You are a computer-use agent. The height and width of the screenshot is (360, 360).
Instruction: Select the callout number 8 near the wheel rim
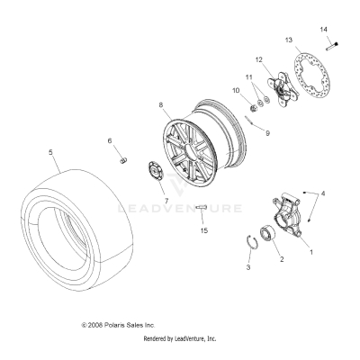(x=162, y=106)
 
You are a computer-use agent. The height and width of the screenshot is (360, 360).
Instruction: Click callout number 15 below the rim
(x=204, y=231)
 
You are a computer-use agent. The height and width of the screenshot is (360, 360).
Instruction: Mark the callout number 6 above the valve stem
(x=111, y=141)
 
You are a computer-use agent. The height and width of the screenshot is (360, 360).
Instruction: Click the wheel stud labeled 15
(x=204, y=211)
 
